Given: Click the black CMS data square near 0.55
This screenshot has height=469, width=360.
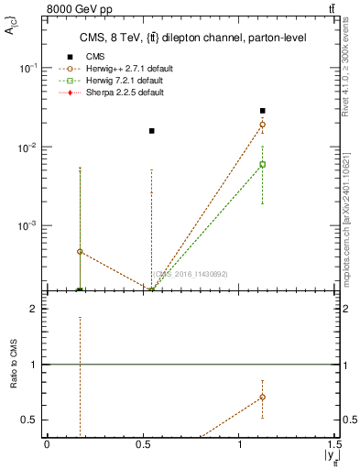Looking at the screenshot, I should coord(152,131).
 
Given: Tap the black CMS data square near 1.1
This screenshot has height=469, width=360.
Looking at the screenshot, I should coord(263,111).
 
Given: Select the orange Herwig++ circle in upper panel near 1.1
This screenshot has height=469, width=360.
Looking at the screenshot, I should coord(263,125).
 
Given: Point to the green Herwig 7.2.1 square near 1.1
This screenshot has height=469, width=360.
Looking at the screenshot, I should coord(263,165).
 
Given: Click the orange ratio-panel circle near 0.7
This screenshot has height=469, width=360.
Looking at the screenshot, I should coord(263,398).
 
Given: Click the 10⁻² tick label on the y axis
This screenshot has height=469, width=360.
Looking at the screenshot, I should coord(27,147).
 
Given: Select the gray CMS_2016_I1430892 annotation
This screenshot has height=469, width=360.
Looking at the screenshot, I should coord(190,274).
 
